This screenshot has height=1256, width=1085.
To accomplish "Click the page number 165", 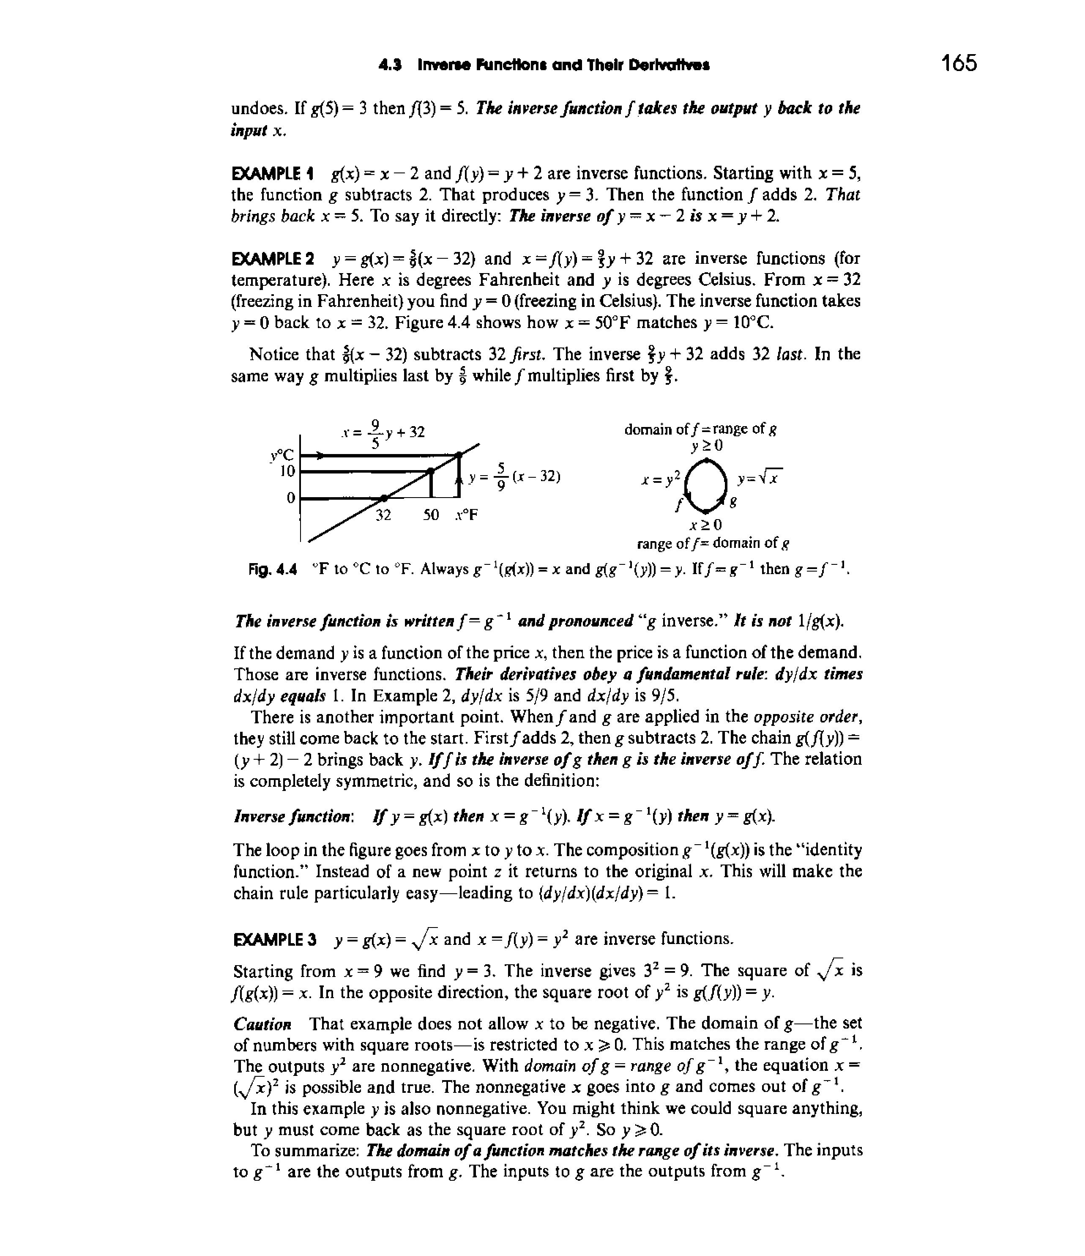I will point(959,63).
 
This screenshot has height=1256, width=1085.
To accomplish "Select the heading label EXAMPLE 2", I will point(273,259).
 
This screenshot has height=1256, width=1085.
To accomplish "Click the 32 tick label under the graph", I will point(383,515).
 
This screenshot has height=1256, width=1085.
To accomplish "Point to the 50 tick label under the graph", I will point(431,515).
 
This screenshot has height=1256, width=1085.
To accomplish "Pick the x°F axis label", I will point(467,515).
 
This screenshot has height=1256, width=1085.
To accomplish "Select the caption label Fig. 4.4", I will point(273,569).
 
